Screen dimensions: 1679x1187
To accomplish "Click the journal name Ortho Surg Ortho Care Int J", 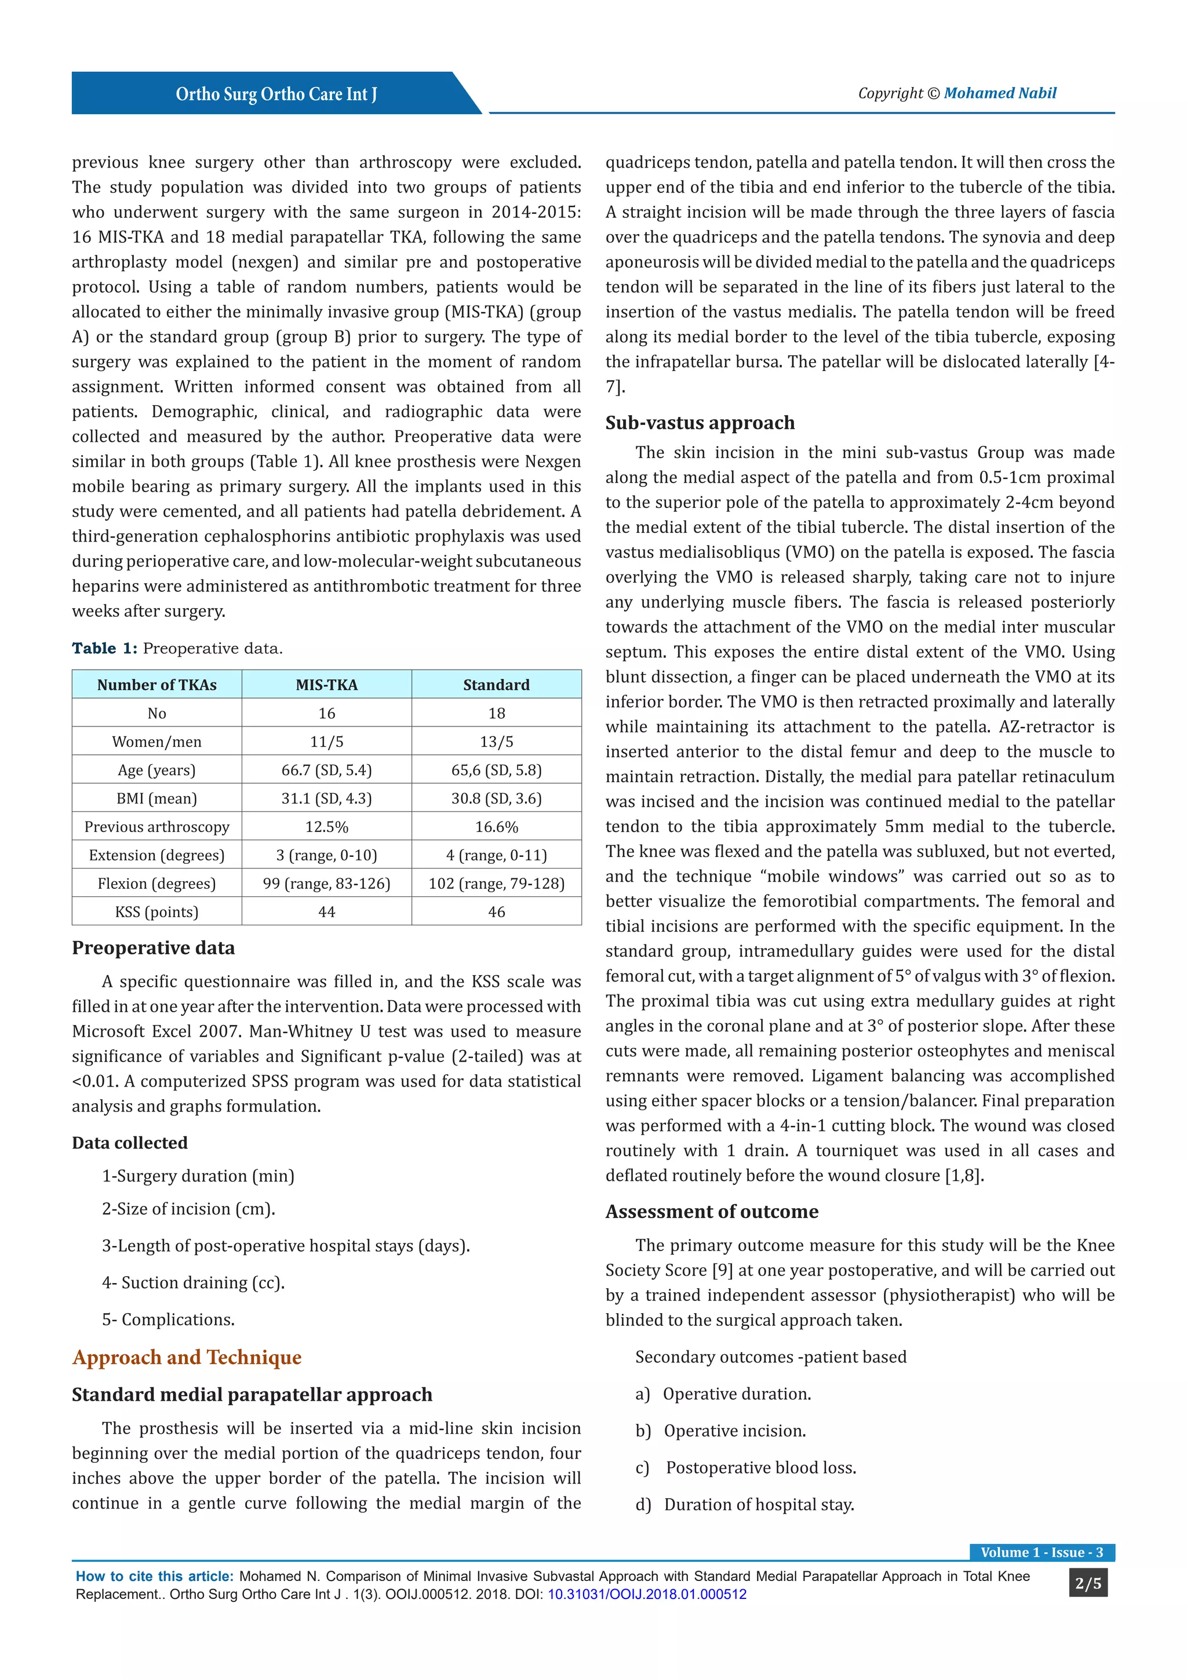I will click(276, 95).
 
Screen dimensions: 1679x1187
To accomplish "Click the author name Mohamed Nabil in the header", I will click(999, 93).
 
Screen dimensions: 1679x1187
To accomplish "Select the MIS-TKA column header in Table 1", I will click(327, 685).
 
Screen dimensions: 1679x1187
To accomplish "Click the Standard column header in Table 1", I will click(496, 685).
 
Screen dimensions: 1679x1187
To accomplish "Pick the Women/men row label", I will click(156, 742).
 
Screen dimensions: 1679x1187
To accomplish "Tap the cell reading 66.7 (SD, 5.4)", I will click(327, 770).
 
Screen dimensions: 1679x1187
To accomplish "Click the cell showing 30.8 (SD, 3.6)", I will click(496, 798).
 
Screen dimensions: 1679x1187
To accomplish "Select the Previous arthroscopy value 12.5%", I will click(327, 827).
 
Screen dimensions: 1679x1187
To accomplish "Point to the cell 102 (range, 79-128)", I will click(496, 884).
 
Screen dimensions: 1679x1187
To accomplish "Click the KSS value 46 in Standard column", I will click(496, 912).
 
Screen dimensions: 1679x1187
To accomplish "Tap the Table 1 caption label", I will click(104, 649).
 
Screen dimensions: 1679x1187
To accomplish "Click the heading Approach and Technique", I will click(187, 1357).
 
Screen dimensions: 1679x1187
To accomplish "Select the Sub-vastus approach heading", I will click(700, 423).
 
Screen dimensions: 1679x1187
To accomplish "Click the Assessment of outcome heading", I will click(711, 1212).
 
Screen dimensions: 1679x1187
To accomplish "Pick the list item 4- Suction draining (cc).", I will click(193, 1282).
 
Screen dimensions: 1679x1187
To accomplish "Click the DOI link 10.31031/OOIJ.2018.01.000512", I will click(647, 1594).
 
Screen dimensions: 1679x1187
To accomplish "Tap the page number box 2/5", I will click(1087, 1584).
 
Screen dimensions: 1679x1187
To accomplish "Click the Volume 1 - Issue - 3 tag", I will click(1042, 1553).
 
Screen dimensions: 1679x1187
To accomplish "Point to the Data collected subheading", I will click(129, 1143).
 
